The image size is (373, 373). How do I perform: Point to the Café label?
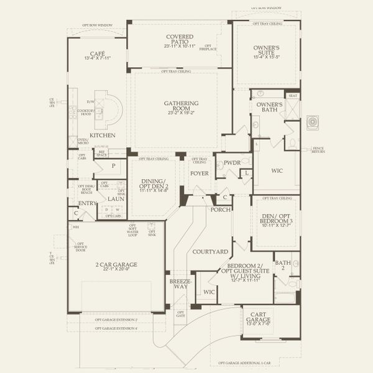coord(96,55)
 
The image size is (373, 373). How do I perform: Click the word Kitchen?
coord(101,135)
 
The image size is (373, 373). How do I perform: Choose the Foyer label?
coord(199,173)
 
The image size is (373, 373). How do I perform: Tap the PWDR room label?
coord(232,163)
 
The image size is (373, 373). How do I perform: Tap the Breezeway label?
coord(178,284)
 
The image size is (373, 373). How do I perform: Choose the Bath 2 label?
coord(283,266)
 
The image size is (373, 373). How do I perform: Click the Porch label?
coord(220,210)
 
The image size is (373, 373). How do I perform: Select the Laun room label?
coord(116,199)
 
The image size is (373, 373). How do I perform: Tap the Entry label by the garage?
coord(87,203)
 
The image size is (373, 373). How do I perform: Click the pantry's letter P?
coord(114,166)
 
